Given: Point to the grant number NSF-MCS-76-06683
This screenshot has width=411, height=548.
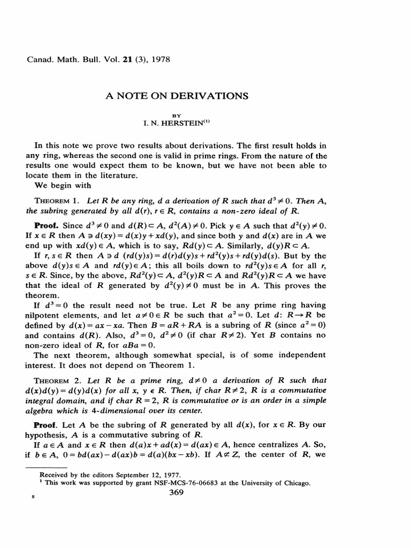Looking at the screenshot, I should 205,483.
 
